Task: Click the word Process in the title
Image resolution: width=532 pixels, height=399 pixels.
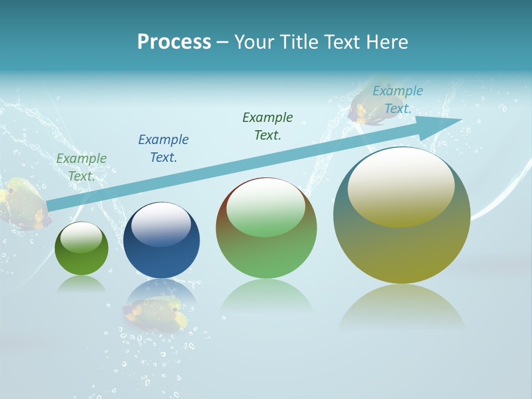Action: (174, 42)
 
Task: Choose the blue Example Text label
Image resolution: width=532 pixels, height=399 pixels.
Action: (163, 149)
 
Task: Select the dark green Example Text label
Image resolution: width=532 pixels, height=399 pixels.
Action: (268, 126)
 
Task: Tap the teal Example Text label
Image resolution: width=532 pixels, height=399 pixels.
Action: (397, 100)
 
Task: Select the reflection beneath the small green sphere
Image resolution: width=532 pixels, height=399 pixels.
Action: (81, 285)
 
